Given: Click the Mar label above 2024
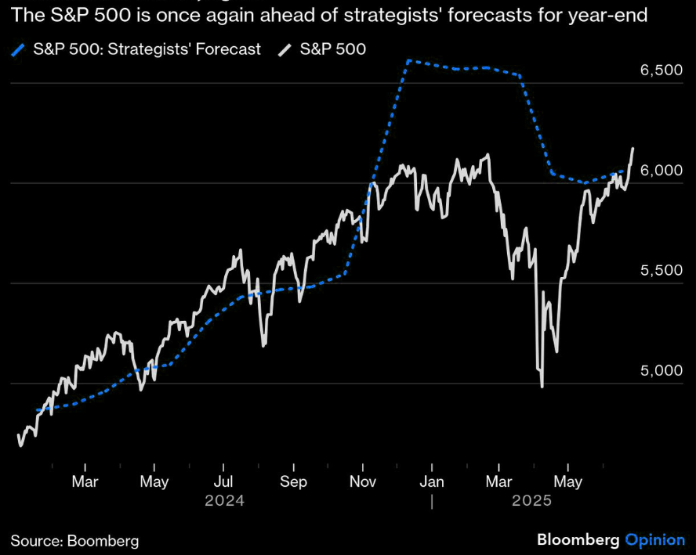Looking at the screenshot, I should click(85, 481).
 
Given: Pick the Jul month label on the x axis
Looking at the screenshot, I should click(224, 481).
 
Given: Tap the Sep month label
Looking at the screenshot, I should click(293, 481).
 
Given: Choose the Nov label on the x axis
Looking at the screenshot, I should click(363, 481).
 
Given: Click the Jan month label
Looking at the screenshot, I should click(432, 481).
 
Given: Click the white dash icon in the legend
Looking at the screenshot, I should click(285, 50).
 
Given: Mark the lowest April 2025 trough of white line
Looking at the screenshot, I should click(542, 386).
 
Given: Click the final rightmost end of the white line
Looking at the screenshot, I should click(633, 148).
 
